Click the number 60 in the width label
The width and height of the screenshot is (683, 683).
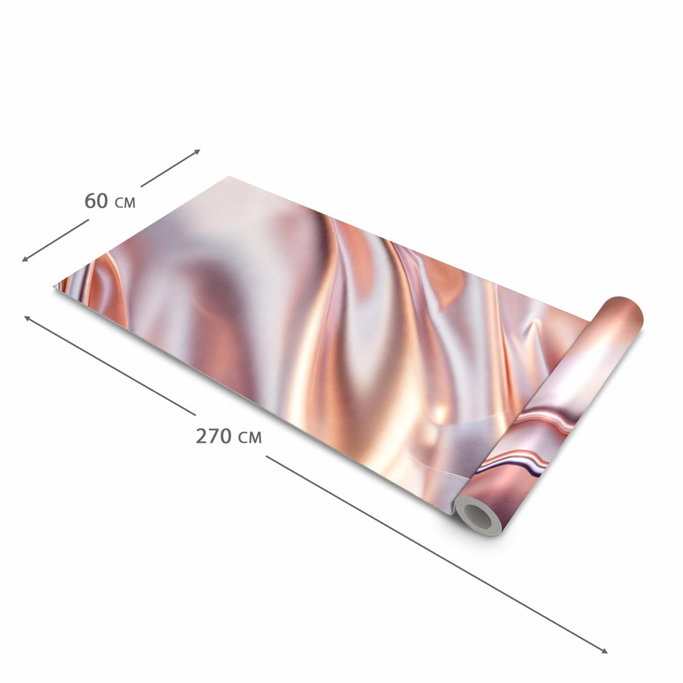96,200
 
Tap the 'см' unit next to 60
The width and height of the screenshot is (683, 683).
125,203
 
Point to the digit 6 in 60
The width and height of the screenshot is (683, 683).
90,200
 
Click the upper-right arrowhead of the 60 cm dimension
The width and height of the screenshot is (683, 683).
197,151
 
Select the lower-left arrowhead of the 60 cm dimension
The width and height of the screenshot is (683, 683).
25,259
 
